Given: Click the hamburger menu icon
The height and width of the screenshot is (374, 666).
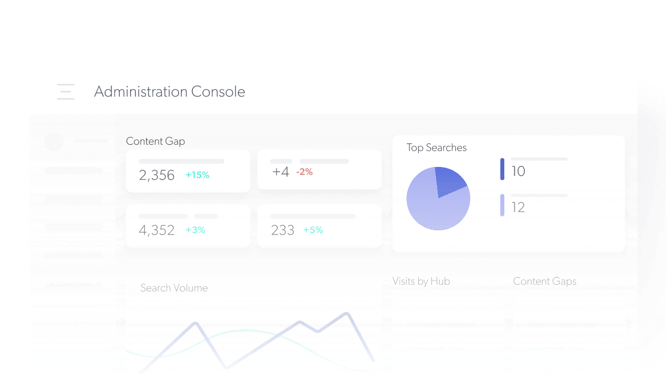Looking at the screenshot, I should (x=66, y=91).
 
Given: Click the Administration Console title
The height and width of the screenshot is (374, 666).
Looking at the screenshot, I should (x=169, y=91).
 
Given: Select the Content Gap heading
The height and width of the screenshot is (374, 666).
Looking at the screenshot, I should (x=155, y=141).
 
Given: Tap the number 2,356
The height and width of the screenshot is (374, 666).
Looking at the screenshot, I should (x=156, y=175).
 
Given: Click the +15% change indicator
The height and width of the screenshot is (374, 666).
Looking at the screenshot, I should (x=197, y=175).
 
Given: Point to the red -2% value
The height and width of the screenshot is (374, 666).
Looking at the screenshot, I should (x=304, y=172).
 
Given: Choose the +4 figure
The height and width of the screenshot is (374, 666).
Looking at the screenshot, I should (x=280, y=172).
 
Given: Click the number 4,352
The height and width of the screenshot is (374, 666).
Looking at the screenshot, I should (x=156, y=230).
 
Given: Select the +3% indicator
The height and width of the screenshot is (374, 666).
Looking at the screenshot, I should (x=195, y=230).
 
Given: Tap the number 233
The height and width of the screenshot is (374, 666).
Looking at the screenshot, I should (x=282, y=230).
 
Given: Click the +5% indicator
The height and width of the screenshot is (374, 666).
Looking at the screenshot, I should (x=313, y=230).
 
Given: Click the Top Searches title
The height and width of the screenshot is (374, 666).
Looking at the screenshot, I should (x=437, y=148).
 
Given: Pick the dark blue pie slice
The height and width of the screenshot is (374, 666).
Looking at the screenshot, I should (x=449, y=180).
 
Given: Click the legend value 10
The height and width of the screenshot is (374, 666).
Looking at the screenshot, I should (x=518, y=171).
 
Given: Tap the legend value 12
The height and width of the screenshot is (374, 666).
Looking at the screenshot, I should (x=518, y=208).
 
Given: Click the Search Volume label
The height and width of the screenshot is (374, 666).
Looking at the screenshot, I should (x=174, y=288).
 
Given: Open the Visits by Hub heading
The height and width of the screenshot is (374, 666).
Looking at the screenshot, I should (x=421, y=281).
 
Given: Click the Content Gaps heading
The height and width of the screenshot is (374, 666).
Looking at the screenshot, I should (x=544, y=281).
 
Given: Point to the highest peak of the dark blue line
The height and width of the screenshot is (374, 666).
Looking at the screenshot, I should (x=347, y=314).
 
